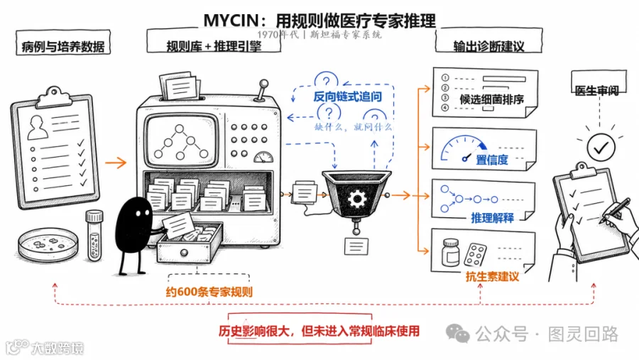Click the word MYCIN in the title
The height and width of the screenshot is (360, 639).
(231, 21)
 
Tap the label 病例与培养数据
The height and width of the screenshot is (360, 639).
(63, 47)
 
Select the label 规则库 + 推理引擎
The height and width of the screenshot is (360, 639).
(214, 46)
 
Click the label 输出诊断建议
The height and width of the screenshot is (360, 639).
(488, 46)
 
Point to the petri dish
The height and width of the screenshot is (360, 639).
(48, 245)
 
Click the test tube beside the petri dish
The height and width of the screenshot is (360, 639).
(94, 235)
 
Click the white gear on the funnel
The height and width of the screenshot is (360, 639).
(357, 199)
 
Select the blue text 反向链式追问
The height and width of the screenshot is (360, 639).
(348, 97)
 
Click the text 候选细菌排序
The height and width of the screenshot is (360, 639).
(492, 99)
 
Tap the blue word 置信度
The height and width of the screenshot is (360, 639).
(492, 160)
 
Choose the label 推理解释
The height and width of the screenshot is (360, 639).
(492, 218)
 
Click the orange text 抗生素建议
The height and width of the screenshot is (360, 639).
(492, 277)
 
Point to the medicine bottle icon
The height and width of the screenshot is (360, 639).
(450, 253)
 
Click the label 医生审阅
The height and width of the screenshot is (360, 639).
(596, 90)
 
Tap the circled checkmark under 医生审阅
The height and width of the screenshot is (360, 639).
(601, 147)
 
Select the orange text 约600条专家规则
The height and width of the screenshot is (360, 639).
(209, 292)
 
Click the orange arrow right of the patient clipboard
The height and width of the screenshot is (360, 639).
(116, 163)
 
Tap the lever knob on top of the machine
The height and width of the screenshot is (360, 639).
(264, 84)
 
